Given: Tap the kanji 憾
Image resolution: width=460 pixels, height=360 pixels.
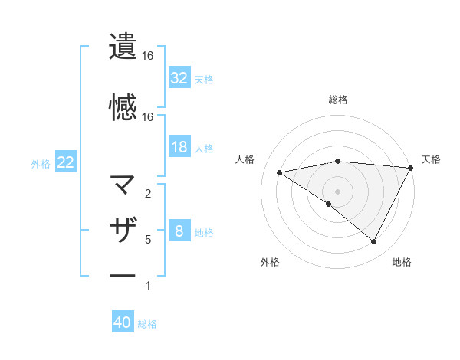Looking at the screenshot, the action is coord(123,106).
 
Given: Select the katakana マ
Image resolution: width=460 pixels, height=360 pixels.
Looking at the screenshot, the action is coord(123,184).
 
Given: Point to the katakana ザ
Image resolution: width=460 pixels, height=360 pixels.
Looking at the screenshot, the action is coord(123,229).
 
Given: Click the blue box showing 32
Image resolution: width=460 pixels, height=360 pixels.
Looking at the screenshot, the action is coord(179,78).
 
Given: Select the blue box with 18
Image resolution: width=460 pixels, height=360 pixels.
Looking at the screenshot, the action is coord(179,148).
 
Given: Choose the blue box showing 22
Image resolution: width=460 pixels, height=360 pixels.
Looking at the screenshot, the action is coord(65,162).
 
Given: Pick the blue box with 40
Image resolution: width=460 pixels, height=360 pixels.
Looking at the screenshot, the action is coord(123,323).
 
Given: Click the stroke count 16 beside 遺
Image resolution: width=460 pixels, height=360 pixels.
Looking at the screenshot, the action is coord(148,56).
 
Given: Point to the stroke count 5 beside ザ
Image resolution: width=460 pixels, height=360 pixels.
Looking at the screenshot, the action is coord(148,240).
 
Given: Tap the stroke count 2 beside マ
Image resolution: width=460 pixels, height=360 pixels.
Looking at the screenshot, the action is coord(148,194).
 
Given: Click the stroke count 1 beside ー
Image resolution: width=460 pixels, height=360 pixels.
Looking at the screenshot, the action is coord(148,286).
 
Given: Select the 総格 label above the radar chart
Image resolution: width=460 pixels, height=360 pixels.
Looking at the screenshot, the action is coord(337,100).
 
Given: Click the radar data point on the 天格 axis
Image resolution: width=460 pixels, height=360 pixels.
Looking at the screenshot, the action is coord(412,168).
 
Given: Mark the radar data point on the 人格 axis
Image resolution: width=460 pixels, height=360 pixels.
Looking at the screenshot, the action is coord(280,172).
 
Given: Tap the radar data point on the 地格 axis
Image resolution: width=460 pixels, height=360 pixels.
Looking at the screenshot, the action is coord(374,242).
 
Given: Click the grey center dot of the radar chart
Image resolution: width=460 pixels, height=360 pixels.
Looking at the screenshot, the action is coord(337,191).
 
